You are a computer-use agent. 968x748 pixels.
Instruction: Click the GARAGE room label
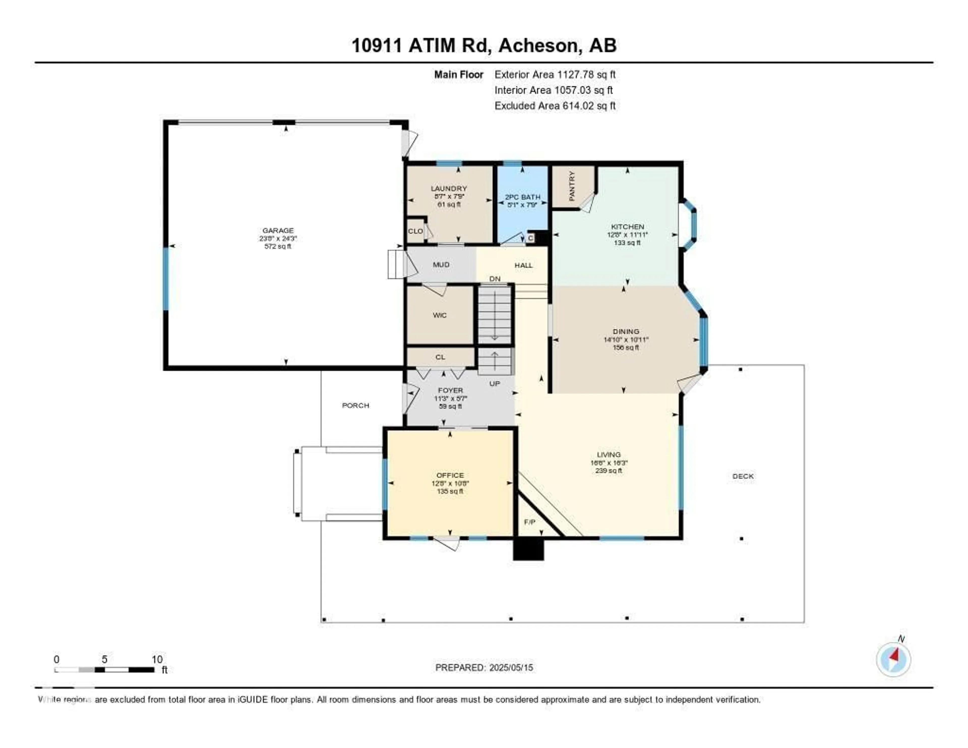click(x=278, y=230)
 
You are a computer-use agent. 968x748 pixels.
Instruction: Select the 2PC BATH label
click(x=523, y=197)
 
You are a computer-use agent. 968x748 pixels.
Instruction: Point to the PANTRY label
click(x=572, y=186)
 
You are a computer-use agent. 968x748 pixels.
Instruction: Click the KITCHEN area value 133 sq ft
click(x=627, y=243)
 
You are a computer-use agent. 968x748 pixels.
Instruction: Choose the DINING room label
click(x=626, y=331)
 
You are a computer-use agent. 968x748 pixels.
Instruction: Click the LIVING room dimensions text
click(x=609, y=463)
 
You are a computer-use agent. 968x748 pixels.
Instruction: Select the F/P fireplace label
click(x=530, y=522)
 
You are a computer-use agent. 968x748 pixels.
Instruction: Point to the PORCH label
click(x=355, y=405)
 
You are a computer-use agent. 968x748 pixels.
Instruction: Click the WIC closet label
click(x=440, y=315)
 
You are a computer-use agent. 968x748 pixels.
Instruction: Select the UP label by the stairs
click(x=495, y=384)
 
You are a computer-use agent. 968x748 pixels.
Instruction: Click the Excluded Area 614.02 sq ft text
click(x=555, y=105)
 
